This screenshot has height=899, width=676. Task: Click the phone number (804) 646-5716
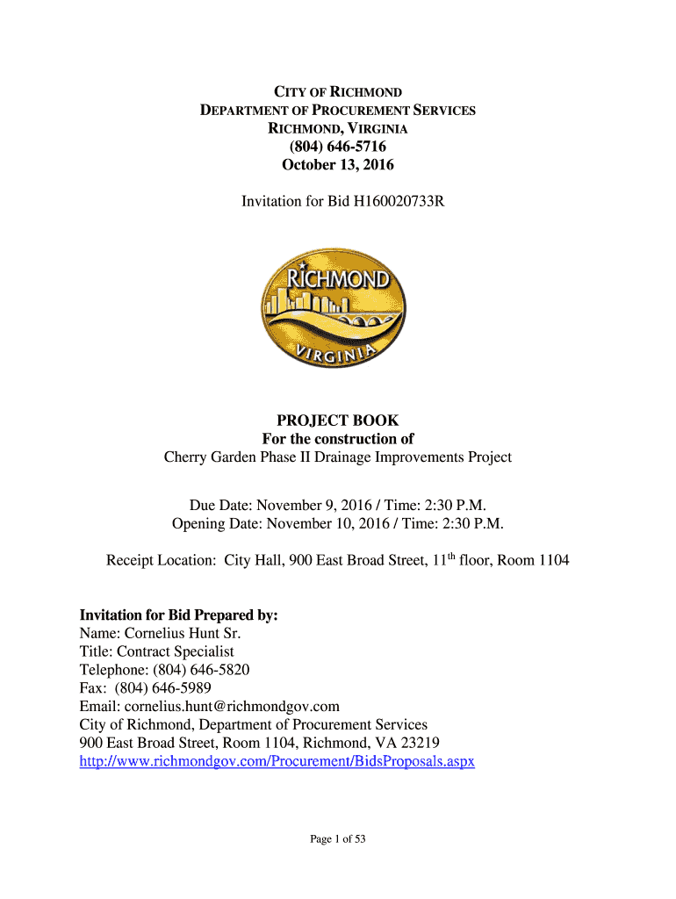tap(338, 147)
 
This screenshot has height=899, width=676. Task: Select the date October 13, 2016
tap(338, 165)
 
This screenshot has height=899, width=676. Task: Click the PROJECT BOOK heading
tap(338, 421)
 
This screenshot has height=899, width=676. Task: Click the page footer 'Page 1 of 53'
tap(338, 839)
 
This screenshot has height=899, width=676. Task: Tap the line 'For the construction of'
tap(338, 439)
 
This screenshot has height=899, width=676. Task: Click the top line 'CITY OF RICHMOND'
tap(338, 92)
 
